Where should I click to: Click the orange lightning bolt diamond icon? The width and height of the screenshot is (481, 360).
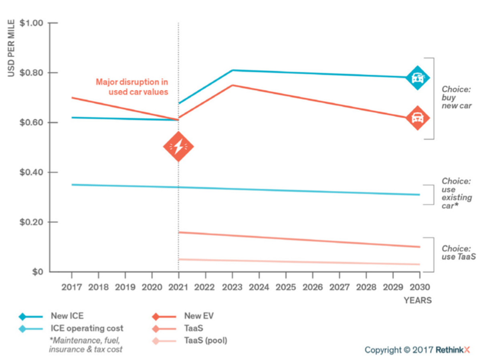pyautogui.click(x=178, y=146)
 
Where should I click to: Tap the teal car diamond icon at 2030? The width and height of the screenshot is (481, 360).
pyautogui.click(x=417, y=78)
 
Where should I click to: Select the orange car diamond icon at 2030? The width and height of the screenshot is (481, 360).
pyautogui.click(x=417, y=118)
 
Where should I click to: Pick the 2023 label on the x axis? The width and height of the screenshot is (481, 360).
pyautogui.click(x=232, y=287)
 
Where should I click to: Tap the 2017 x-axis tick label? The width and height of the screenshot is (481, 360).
pyautogui.click(x=71, y=287)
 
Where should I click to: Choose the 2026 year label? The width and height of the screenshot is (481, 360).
pyautogui.click(x=313, y=287)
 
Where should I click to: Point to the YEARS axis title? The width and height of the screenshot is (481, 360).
pyautogui.click(x=418, y=300)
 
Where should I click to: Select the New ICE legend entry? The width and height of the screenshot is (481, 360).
pyautogui.click(x=67, y=316)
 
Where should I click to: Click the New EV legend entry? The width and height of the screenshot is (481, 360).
pyautogui.click(x=199, y=316)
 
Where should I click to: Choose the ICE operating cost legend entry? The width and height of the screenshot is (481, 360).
pyautogui.click(x=87, y=328)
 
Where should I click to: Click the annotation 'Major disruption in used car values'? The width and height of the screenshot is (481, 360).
pyautogui.click(x=132, y=87)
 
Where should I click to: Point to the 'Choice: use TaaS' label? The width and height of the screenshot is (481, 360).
pyautogui.click(x=458, y=252)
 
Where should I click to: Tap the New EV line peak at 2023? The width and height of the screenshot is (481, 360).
pyautogui.click(x=232, y=85)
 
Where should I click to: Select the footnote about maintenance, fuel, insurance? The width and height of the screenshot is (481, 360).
pyautogui.click(x=85, y=345)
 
